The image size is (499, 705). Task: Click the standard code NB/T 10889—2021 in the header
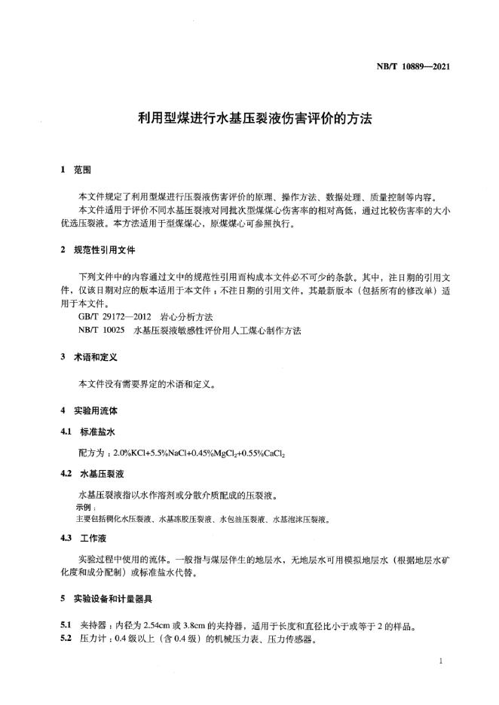[x=413, y=66]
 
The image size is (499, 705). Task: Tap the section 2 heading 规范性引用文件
[x=106, y=249]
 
